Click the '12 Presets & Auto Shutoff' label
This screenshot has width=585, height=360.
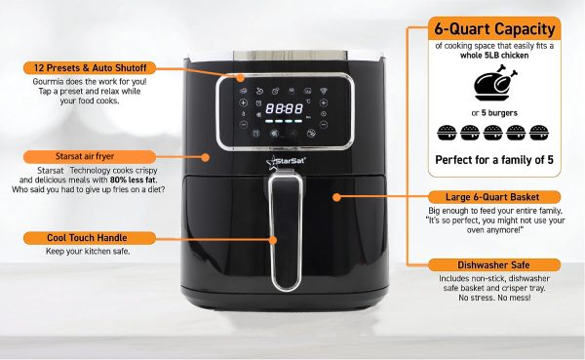click(x=90, y=68)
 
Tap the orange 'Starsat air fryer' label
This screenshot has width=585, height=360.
click(x=90, y=156)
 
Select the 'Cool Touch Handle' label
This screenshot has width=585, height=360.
click(x=90, y=238)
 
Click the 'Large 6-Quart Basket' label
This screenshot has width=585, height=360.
click(x=494, y=197)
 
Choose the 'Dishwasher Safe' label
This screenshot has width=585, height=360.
click(x=494, y=265)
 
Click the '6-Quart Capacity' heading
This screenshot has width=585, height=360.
click(x=494, y=28)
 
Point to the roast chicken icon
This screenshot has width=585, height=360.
click(x=495, y=83)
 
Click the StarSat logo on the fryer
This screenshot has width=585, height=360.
click(x=286, y=162)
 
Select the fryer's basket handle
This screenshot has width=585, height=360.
click(x=286, y=231)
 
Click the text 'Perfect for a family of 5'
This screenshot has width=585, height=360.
click(x=494, y=160)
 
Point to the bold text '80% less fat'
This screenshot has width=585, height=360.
click(x=134, y=180)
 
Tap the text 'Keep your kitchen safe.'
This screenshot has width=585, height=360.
click(x=88, y=252)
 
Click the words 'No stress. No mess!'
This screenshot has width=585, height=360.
click(x=494, y=298)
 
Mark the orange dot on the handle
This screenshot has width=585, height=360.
click(x=273, y=240)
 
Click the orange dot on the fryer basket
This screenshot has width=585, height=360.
click(x=337, y=197)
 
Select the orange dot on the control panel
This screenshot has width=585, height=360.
click(x=241, y=78)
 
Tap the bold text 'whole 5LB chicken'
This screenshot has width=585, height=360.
click(x=494, y=56)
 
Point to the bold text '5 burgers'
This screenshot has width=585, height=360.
click(x=499, y=113)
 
